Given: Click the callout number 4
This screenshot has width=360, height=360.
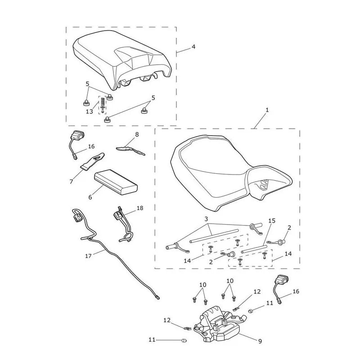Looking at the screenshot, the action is [x=193, y=47].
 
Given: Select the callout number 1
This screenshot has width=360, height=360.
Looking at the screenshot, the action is [x=267, y=110].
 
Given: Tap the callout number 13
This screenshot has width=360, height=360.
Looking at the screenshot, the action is [x=89, y=111].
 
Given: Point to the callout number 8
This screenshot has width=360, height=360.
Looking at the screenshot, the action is [x=137, y=134].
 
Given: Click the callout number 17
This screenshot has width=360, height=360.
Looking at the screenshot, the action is [x=88, y=256].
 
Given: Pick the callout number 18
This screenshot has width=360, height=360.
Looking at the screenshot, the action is [x=140, y=208].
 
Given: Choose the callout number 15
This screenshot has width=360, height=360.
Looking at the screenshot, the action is [x=272, y=220].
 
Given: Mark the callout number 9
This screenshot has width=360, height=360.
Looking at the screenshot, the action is [x=260, y=341].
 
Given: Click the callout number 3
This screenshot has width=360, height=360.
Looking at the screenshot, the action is [x=206, y=219].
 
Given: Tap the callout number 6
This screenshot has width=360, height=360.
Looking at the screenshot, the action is [x=90, y=197].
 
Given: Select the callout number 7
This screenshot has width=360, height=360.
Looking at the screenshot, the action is [x=72, y=182].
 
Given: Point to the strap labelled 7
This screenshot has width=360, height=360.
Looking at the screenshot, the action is [x=92, y=162].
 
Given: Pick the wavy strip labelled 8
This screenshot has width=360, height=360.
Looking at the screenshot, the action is [x=130, y=150].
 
